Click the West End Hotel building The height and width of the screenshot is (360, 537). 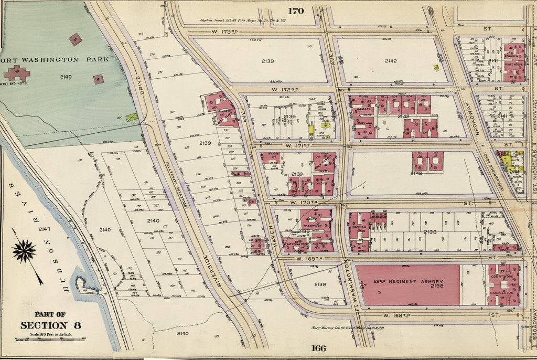pos(17,72)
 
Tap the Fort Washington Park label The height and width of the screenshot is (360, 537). pos(55,59)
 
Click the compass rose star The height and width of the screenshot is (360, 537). pos(24,251)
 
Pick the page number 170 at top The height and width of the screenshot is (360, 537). pos(295,10)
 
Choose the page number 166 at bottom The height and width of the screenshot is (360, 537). pos(318,348)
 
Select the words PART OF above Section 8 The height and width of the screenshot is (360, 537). pos(50,314)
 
